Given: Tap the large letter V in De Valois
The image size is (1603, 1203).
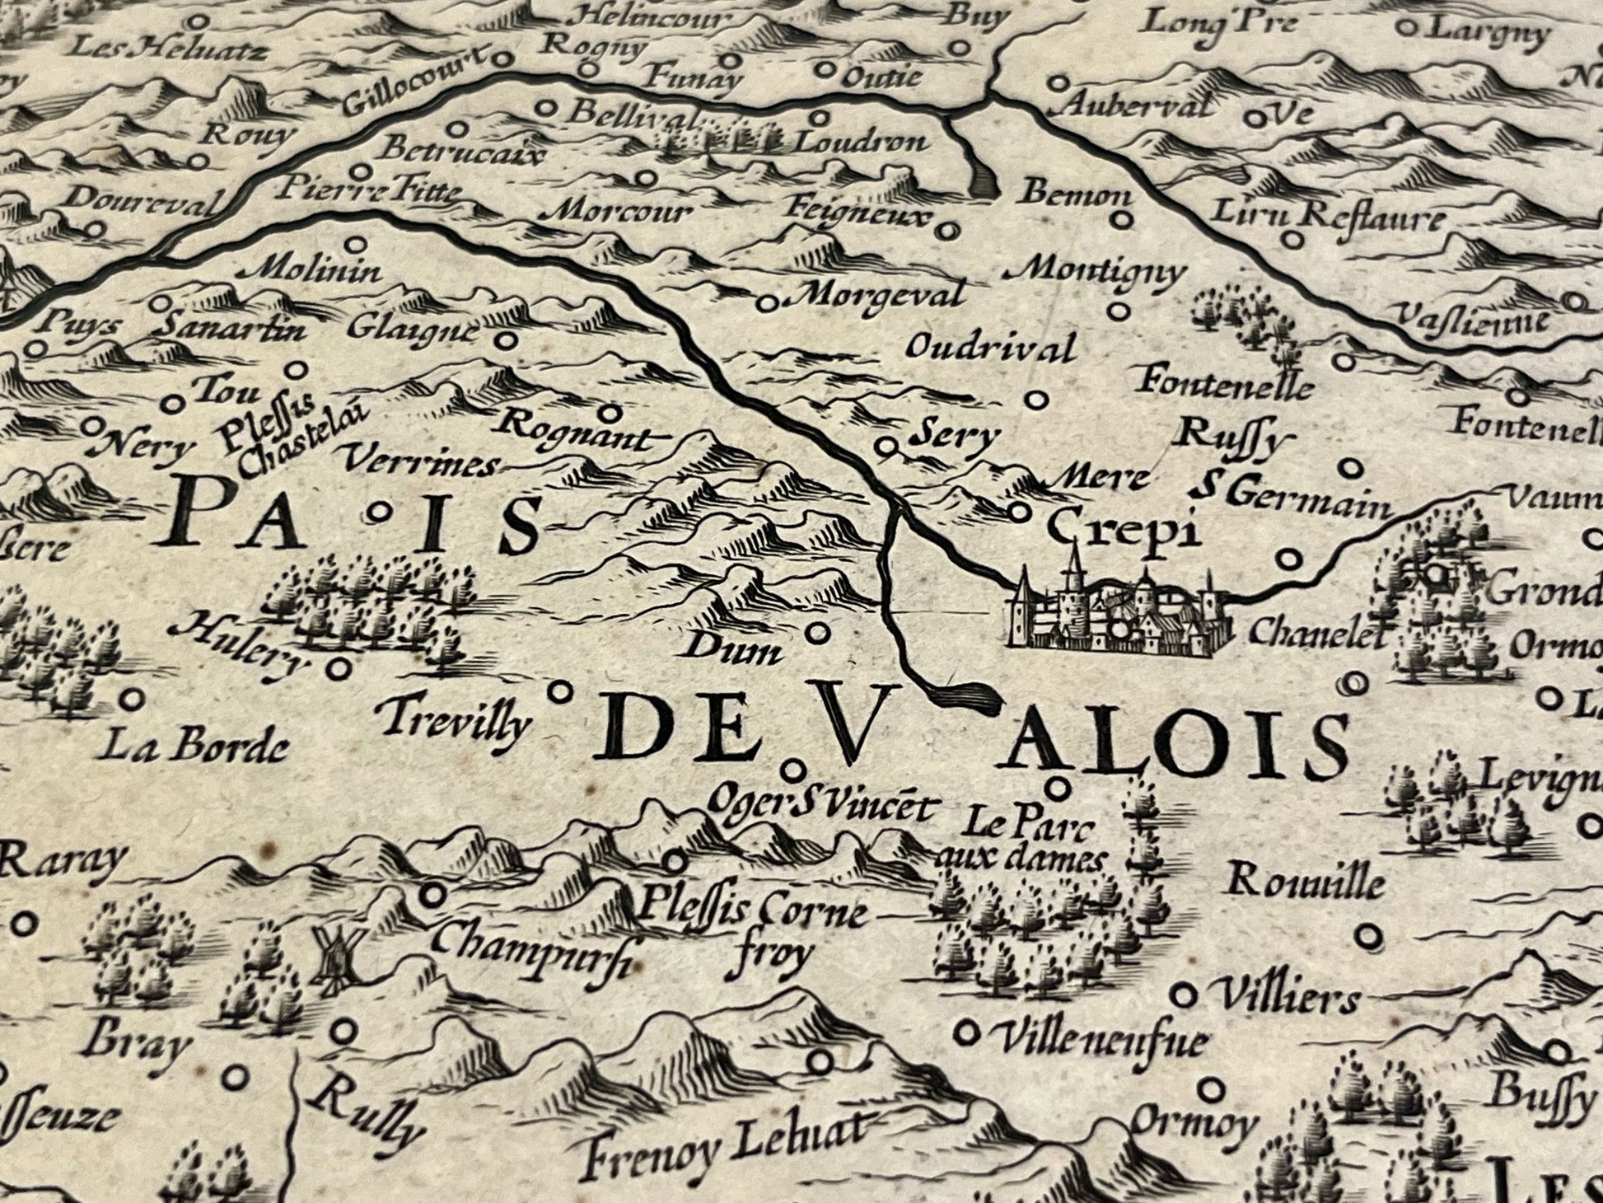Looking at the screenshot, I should click(844, 719).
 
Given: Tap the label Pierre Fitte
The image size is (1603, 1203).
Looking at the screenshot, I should click(367, 192).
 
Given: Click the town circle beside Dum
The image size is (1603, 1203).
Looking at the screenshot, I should click(816, 633).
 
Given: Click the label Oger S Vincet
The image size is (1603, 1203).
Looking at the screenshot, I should click(821, 807).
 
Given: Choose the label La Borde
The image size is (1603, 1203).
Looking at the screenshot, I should click(197, 748).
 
